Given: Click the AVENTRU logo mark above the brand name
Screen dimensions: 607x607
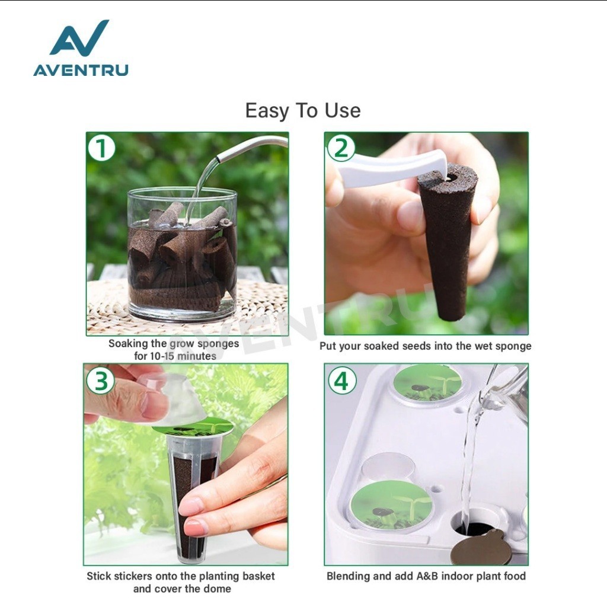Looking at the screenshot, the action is [79, 38].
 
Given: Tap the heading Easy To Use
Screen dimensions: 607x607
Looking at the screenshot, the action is [303, 111].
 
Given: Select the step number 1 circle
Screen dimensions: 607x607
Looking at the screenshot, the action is [101, 148].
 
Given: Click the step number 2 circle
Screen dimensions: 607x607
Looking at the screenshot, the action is [341, 148].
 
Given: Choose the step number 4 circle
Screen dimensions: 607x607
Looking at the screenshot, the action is [342, 381].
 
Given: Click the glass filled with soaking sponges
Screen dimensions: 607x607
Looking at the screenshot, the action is [182, 254].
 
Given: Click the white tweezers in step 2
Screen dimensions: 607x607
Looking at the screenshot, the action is [391, 169].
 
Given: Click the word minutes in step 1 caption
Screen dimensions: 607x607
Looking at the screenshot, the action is [196, 356].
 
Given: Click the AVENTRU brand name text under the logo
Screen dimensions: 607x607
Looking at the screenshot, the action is [81, 70].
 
